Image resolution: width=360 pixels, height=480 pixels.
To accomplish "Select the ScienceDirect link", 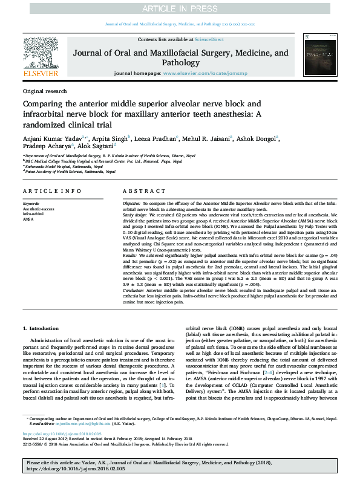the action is coord(209,39).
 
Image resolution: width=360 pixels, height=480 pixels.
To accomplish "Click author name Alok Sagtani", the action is coord(96,147).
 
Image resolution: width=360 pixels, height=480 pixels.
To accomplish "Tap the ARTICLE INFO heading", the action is coord(48,191).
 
